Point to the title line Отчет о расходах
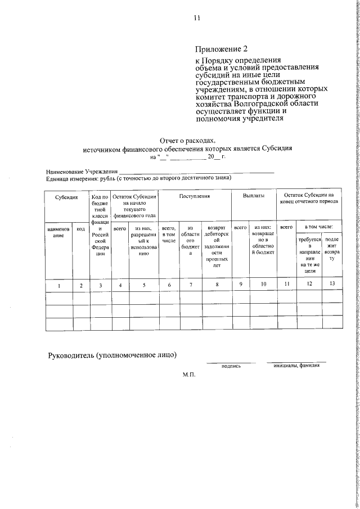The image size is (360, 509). tap(187, 141)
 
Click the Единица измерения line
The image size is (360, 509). tap(138, 178)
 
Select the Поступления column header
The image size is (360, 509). tap(195, 197)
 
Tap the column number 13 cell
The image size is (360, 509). tap(332, 283)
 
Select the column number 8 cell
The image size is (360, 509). tap(217, 285)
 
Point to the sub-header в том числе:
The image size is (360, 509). tap(318, 227)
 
